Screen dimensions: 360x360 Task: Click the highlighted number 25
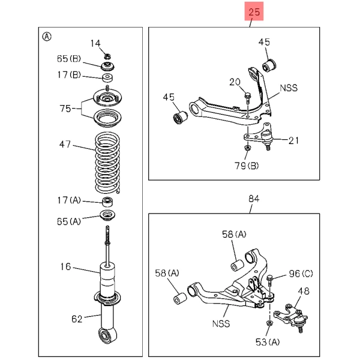[254, 12]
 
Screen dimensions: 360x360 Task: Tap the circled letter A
[47, 36]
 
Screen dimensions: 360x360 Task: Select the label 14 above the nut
[96, 43]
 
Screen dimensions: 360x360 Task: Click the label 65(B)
[68, 58]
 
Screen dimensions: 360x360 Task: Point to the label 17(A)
[68, 200]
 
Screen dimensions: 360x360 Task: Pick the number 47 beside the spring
[64, 144]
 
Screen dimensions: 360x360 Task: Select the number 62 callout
[76, 318]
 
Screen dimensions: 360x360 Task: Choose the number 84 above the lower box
[254, 199]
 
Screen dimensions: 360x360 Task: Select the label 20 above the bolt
[235, 82]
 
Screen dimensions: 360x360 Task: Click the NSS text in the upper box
[288, 87]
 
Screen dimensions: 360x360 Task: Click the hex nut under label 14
[107, 56]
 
